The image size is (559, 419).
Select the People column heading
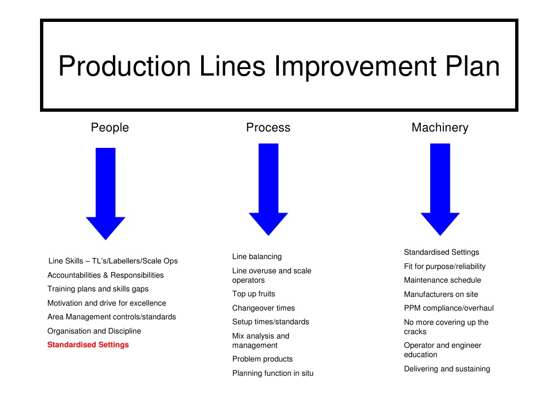tap(110, 128)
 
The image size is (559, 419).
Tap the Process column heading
tap(268, 128)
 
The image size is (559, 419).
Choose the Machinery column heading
tap(440, 128)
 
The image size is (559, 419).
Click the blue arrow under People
tap(106, 192)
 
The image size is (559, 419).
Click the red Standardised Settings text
tap(88, 345)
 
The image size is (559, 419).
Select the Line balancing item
tap(257, 256)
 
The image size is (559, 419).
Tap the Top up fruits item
tap(254, 294)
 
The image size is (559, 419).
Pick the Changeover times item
tap(264, 308)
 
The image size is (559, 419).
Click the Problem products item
tap(263, 359)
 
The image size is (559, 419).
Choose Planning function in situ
tap(273, 374)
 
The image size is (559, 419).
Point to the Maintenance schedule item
tap(442, 280)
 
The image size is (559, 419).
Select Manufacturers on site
tap(441, 295)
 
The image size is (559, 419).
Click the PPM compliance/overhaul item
tap(449, 308)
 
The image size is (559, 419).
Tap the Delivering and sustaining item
tap(447, 369)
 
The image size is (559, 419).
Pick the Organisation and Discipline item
tap(94, 331)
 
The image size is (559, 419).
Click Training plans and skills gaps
tap(98, 289)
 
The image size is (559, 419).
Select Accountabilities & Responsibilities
tap(106, 275)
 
